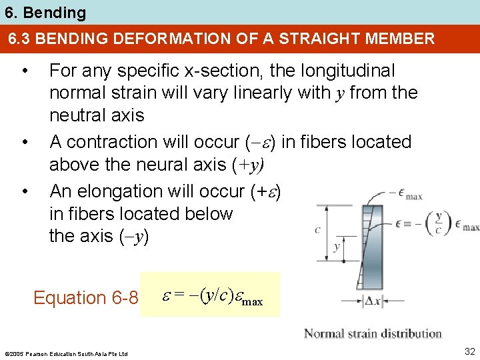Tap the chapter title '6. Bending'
[44, 13]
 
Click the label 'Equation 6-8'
[85, 297]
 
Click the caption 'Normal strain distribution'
[373, 333]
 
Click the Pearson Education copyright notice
[65, 353]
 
